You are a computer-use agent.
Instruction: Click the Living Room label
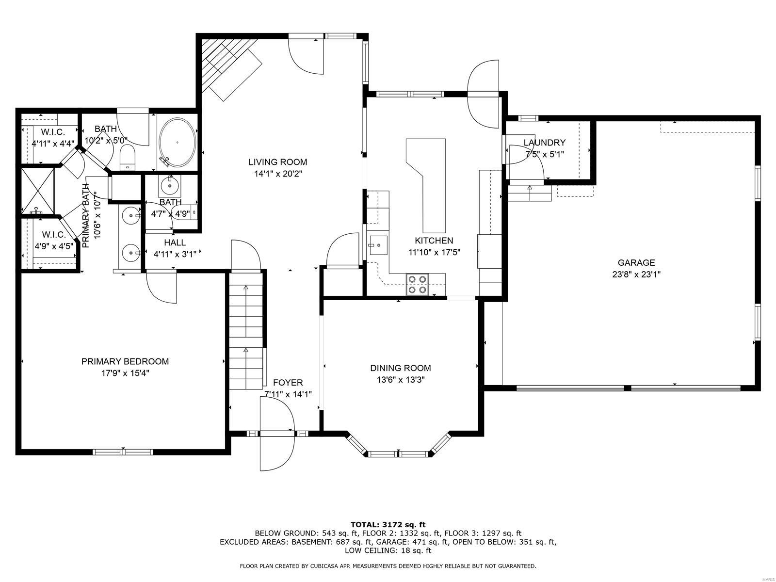[x=277, y=162]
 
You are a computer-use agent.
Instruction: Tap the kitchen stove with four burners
[x=418, y=284]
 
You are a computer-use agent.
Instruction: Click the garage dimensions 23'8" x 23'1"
[x=636, y=274]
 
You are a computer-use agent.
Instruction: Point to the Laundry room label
[x=544, y=143]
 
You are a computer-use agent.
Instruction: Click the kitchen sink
[x=378, y=244]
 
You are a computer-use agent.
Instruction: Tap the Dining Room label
[x=400, y=368]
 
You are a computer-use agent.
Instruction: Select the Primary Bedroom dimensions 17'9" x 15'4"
[x=125, y=373]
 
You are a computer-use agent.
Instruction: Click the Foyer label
[x=288, y=383]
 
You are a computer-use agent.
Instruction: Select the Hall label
[x=175, y=242]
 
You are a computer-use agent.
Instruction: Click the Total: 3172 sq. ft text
[x=388, y=524]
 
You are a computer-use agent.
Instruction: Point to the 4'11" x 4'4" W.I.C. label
[x=53, y=132]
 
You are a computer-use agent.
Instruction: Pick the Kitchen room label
[x=434, y=241]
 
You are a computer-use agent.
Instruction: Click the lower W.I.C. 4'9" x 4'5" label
[x=53, y=235]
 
